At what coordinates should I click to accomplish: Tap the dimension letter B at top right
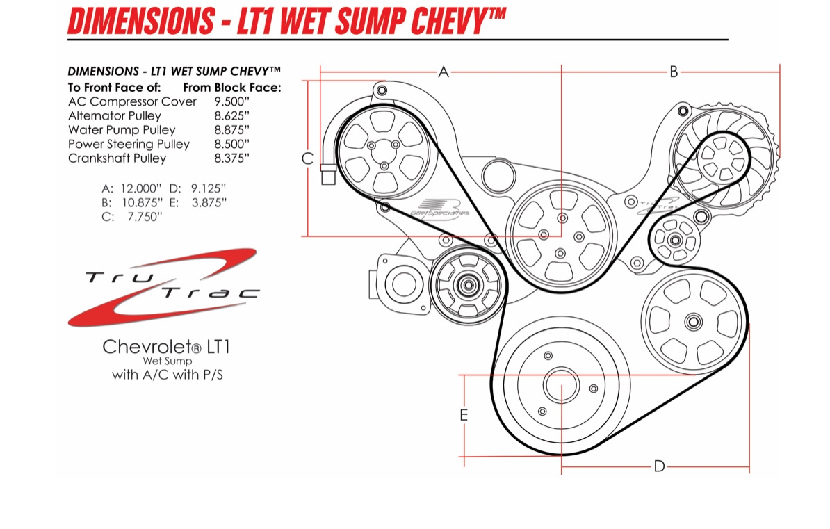673,71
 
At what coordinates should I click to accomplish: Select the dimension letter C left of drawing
307,158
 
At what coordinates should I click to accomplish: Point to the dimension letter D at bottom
659,466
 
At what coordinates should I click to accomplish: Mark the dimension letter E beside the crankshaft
464,416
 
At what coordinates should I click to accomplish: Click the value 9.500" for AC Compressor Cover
231,101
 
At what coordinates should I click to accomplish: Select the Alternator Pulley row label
115,116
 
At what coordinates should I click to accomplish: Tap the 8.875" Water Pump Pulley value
231,130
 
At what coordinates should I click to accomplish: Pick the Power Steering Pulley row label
129,144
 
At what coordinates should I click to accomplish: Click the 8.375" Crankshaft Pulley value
231,158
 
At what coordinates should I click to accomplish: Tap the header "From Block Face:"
231,88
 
